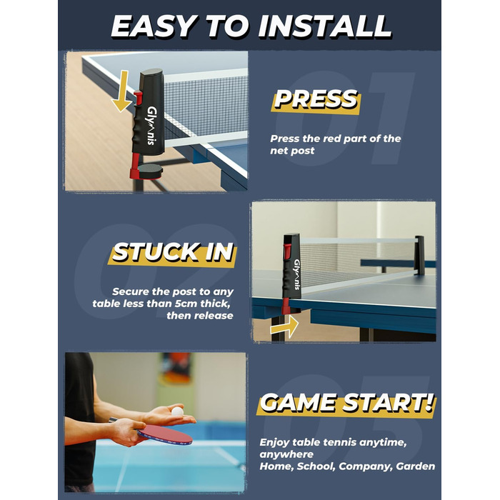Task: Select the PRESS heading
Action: (316, 99)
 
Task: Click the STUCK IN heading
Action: (173, 252)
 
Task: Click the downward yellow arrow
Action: (121, 91)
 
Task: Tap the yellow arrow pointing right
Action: (284, 327)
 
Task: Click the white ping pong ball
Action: (177, 411)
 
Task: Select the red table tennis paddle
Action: (164, 434)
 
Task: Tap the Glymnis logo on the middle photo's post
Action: (297, 275)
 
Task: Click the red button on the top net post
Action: (138, 98)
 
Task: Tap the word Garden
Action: (416, 466)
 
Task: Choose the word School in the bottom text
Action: (316, 466)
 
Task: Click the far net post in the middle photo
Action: (419, 255)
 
